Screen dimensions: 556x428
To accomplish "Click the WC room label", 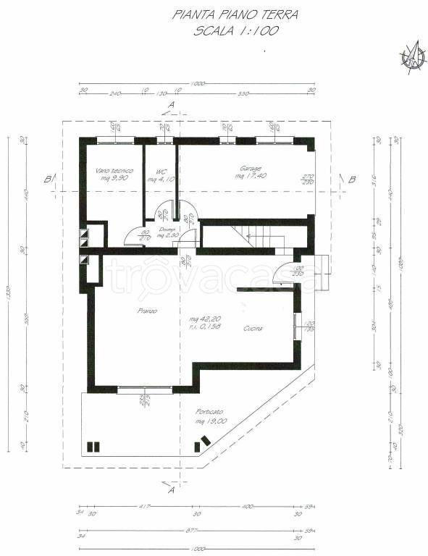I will tap(155, 171).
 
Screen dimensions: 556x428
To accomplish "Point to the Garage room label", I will tap(250, 169).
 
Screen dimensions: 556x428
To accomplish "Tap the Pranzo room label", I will tap(148, 311).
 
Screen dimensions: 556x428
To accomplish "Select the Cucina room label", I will tap(253, 328).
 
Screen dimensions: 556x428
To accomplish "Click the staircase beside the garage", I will tap(258, 233).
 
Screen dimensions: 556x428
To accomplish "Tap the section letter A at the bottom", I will tap(172, 490).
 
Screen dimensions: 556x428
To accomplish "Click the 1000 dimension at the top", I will tap(198, 85).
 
